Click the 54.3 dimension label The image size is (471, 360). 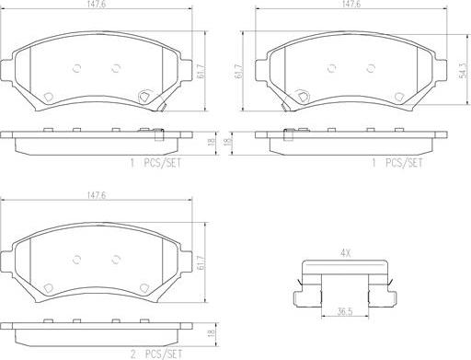(464, 71)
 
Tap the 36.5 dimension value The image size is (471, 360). (345, 311)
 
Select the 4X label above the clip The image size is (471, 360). (345, 253)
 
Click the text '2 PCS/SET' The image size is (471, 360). (156, 354)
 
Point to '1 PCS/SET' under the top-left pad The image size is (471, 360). (156, 163)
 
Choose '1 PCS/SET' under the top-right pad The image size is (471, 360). (397, 163)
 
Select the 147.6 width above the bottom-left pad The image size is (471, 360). (97, 195)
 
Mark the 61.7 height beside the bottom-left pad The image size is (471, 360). (201, 262)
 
